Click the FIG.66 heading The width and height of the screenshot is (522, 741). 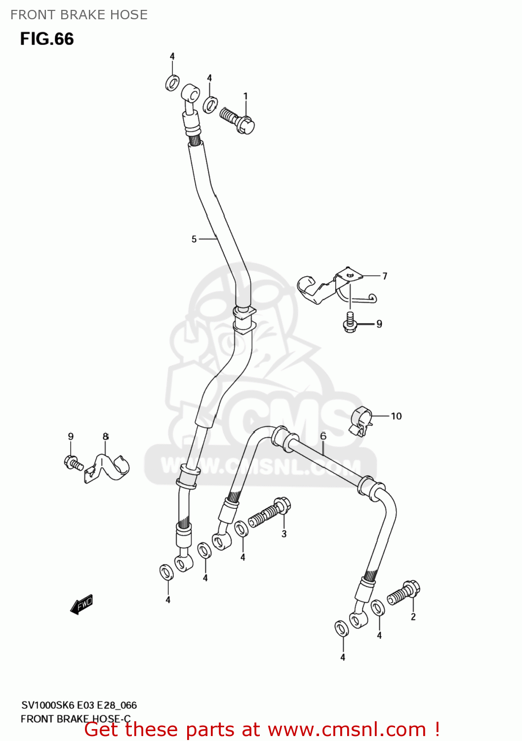[47, 39]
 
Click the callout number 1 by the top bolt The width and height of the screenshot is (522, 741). [245, 96]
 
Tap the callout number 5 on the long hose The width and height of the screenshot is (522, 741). [194, 239]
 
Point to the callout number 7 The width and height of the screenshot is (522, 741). [385, 276]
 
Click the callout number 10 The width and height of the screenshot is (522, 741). [396, 416]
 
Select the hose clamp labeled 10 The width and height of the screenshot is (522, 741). [361, 421]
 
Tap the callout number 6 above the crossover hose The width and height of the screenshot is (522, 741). [323, 436]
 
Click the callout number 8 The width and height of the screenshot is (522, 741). [106, 437]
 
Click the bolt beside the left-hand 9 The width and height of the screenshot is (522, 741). [73, 462]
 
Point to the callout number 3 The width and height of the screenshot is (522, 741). [284, 534]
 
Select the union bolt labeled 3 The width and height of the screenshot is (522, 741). [270, 513]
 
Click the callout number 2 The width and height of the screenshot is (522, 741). [413, 617]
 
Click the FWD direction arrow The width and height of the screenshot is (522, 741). [82, 604]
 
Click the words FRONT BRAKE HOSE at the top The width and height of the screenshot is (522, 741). [79, 15]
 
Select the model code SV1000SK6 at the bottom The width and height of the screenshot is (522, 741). [47, 705]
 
